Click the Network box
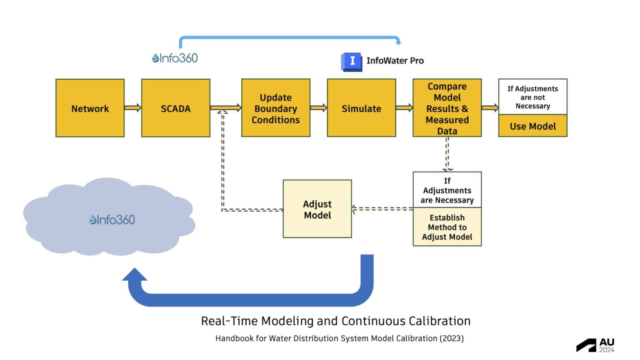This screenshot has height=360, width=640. pos(90,108)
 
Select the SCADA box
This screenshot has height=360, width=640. pos(175,108)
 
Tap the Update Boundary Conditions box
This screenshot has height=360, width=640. pos(275,108)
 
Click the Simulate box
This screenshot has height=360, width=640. pos(361,108)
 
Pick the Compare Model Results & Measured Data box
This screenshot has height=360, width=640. pos(447,108)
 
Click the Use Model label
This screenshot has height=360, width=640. pos(532,126)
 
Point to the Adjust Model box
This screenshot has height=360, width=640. pos(317,209)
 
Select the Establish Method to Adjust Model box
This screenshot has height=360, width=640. pos(447,227)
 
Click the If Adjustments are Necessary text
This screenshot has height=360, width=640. pos(447,190)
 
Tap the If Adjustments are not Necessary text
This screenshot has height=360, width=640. pos(532,97)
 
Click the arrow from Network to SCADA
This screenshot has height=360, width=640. pos(133,108)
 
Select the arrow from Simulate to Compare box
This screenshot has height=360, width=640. pos(404,108)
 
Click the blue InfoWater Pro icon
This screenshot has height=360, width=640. pos(351,62)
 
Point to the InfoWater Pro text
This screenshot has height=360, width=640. pos(395,61)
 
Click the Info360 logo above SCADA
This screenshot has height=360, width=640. pos(175,58)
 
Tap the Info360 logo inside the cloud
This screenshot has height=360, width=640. pos(112,220)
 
